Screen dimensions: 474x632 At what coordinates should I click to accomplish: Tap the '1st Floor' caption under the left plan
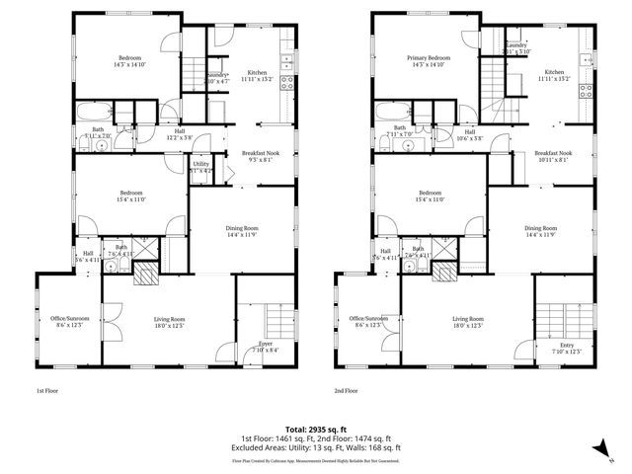click(47, 391)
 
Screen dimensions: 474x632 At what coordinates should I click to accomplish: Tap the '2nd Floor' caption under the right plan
click(345, 391)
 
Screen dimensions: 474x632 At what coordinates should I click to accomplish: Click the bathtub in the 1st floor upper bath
click(97, 111)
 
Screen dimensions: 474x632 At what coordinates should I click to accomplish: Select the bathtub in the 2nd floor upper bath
click(395, 111)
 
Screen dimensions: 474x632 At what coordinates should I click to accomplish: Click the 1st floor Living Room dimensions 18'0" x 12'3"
click(170, 325)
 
